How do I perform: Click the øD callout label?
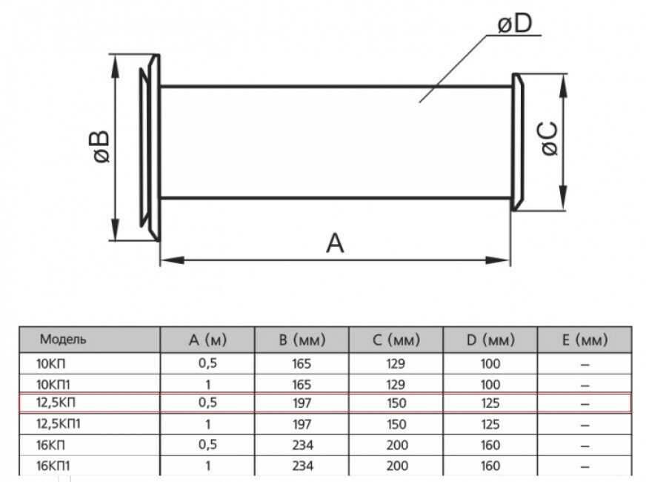(515, 25)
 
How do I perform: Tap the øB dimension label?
(97, 146)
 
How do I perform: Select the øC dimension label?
(548, 139)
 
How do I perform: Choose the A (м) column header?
(207, 340)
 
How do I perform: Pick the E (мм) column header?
(585, 340)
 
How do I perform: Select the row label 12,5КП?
(59, 404)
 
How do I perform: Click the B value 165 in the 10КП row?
(302, 364)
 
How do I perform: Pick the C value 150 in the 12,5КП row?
(396, 404)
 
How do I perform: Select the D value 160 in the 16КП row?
(490, 445)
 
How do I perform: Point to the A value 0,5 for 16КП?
(207, 445)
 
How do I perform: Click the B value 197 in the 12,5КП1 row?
(302, 425)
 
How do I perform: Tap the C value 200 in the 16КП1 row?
(396, 466)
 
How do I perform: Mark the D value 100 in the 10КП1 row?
(490, 384)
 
